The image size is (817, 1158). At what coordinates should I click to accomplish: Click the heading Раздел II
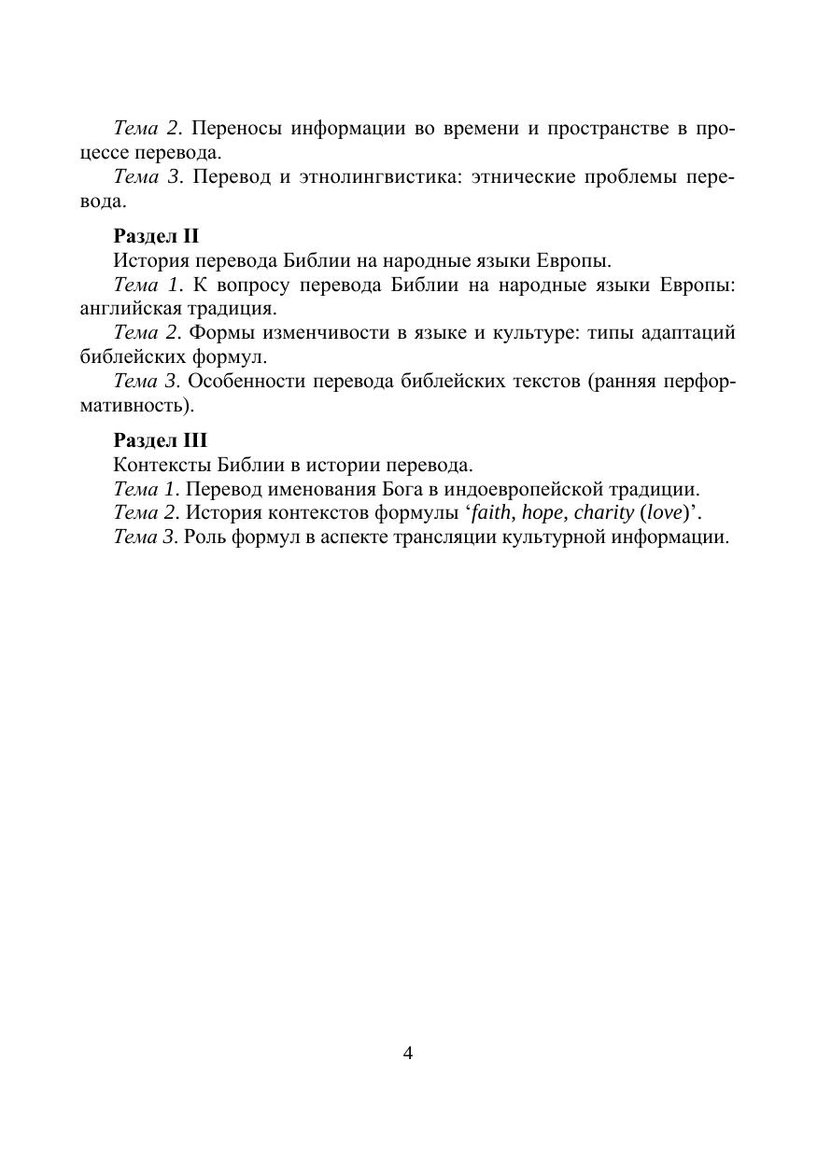click(x=156, y=236)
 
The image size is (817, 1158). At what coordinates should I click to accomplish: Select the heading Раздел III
click(x=160, y=439)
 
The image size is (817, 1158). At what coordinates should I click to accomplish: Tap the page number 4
click(x=408, y=1053)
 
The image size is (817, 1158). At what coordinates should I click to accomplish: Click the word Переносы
click(x=237, y=128)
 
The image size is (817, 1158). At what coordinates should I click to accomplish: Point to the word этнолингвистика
click(x=371, y=177)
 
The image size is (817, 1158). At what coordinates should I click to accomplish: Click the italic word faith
click(x=492, y=512)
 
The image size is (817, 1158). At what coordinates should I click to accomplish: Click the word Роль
click(x=204, y=537)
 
